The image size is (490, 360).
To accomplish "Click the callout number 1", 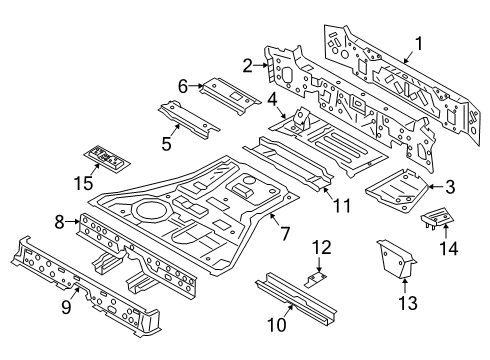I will point(420,42).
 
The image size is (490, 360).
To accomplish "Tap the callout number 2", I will point(246,66).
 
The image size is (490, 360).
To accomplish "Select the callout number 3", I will point(451,186).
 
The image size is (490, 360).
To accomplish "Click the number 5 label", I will point(165,142).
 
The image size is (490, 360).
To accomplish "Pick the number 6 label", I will point(183,86).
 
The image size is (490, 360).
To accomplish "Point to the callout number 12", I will point(320,246).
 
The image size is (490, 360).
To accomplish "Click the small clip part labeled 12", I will point(317,281).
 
